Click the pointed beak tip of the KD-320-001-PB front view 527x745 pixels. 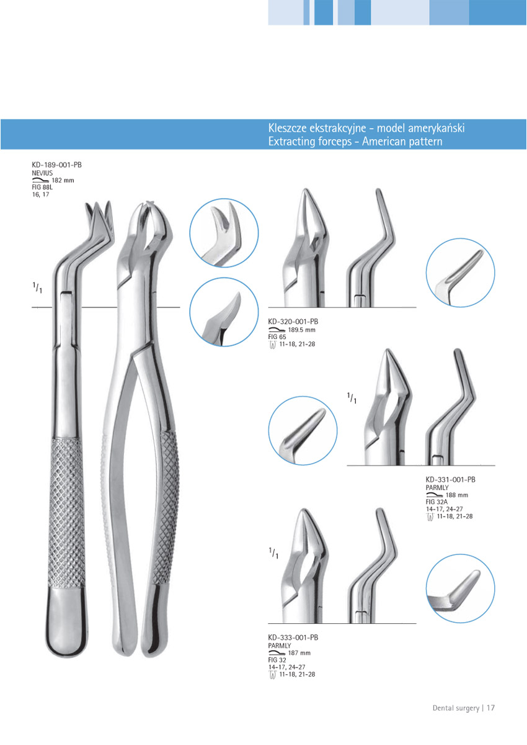(x=305, y=189)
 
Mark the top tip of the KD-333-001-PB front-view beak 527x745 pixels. (x=303, y=510)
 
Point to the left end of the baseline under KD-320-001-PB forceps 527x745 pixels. (x=268, y=307)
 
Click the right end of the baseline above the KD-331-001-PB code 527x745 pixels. (x=495, y=465)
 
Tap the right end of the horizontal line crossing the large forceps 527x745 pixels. (x=180, y=307)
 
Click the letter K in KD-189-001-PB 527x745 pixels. (x=34, y=165)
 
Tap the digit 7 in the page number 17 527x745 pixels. (x=492, y=708)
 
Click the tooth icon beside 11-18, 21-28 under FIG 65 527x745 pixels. (x=272, y=345)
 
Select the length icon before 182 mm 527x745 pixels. (x=40, y=180)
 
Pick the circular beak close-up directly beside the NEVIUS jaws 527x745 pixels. (x=224, y=233)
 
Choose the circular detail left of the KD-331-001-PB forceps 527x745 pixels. (x=303, y=430)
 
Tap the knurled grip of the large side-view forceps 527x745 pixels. (x=67, y=513)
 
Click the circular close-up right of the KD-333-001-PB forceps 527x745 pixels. (x=460, y=589)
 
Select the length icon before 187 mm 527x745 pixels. (x=277, y=653)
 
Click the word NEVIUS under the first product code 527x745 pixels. (x=42, y=173)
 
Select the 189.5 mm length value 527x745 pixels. (x=301, y=330)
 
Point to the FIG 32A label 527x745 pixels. (x=436, y=502)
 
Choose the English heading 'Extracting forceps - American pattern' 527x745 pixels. (x=355, y=142)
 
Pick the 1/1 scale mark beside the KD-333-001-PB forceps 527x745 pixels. (x=273, y=553)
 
